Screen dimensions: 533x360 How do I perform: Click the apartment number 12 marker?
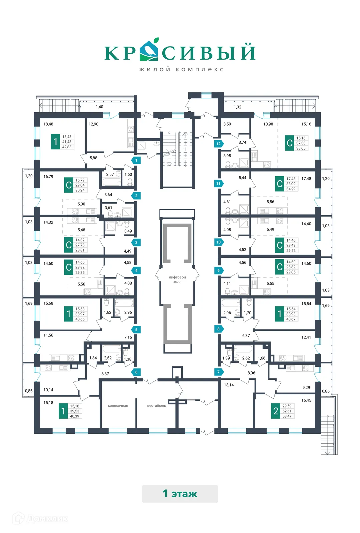(218, 144)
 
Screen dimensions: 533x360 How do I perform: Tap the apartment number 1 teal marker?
(136, 160)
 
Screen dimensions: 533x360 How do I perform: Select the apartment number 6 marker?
(136, 372)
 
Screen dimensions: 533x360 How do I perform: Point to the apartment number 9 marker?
(218, 270)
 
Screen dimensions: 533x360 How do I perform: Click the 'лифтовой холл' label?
(177, 279)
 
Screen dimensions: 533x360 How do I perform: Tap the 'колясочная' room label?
(118, 406)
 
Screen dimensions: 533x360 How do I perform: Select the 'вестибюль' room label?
(156, 406)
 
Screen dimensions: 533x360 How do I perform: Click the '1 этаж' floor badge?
(180, 494)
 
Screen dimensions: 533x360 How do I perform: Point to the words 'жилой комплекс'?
(181, 69)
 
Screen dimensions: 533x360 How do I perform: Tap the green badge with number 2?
(276, 411)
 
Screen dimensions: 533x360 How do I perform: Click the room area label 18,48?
(48, 124)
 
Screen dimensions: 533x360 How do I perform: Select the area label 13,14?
(229, 385)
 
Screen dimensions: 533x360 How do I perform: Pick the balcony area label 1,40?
(99, 107)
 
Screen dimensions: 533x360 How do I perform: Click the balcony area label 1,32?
(237, 107)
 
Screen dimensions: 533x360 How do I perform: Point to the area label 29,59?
(287, 406)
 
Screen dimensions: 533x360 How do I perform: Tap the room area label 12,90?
(93, 124)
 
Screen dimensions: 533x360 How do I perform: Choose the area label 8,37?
(105, 374)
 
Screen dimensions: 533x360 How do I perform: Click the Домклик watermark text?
(47, 519)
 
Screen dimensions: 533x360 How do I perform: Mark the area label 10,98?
(268, 124)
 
